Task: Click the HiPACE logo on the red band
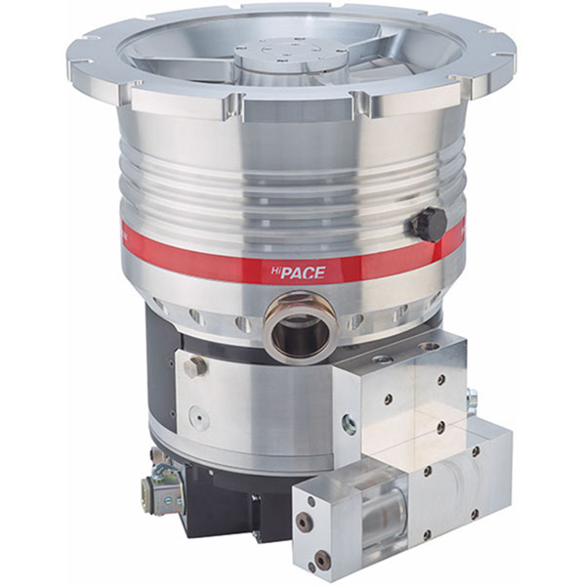[303, 273]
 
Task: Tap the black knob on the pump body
[428, 224]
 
